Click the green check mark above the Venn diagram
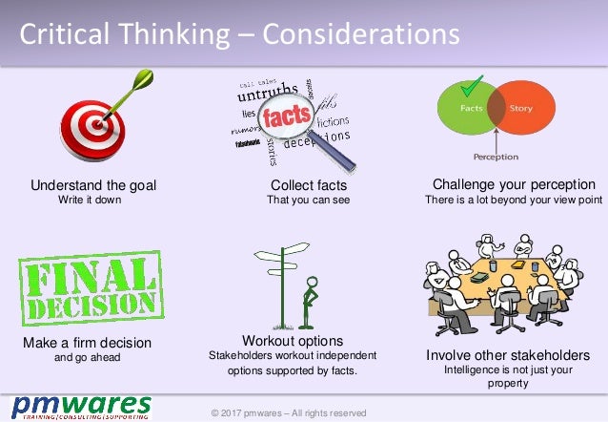click(468, 87)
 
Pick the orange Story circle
click(520, 110)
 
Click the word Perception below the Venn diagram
click(496, 156)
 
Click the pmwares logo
click(82, 407)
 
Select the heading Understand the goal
click(92, 184)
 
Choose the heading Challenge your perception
click(514, 183)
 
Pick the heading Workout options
click(293, 340)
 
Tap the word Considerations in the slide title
click(360, 34)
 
